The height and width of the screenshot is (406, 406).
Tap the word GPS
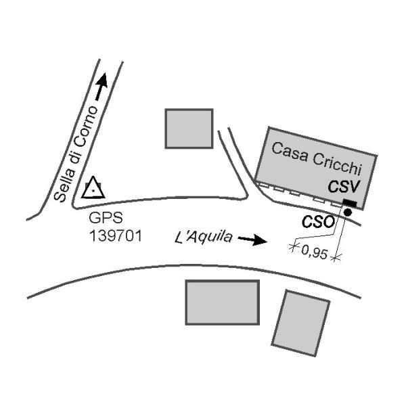pyautogui.click(x=103, y=219)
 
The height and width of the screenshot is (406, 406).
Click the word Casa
pyautogui.click(x=287, y=151)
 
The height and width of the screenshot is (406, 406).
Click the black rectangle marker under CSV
pyautogui.click(x=350, y=204)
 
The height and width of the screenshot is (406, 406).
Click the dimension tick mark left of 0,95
pyautogui.click(x=293, y=248)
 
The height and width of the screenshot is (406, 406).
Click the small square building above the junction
pyautogui.click(x=189, y=128)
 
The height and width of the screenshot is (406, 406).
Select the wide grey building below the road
pyautogui.click(x=223, y=302)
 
